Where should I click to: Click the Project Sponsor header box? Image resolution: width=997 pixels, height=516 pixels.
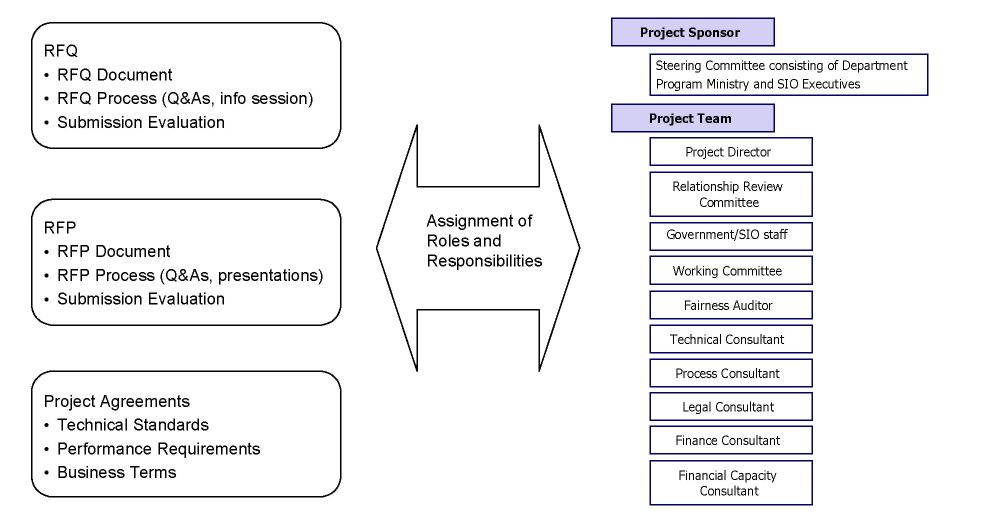(x=692, y=32)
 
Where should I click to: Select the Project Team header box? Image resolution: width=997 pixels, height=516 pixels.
(x=692, y=118)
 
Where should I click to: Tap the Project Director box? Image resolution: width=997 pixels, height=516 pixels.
(x=730, y=152)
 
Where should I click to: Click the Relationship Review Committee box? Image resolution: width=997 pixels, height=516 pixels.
(x=730, y=194)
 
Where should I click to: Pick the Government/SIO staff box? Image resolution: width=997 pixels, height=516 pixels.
(x=730, y=236)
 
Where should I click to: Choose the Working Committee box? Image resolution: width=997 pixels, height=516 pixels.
(x=730, y=271)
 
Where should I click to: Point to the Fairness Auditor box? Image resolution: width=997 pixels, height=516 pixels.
(x=730, y=305)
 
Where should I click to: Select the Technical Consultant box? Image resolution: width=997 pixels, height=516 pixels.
(x=730, y=339)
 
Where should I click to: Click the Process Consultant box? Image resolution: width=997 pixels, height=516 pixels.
(x=730, y=373)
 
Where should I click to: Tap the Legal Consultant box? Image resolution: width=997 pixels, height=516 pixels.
(x=730, y=407)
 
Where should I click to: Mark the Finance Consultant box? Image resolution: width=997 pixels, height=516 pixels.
(x=730, y=440)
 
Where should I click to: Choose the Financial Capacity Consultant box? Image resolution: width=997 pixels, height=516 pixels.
(x=730, y=483)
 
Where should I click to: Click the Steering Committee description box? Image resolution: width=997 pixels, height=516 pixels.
(x=788, y=75)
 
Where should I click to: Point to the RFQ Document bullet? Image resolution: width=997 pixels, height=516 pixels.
(x=114, y=75)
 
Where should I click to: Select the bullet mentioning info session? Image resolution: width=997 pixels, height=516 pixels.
(x=185, y=98)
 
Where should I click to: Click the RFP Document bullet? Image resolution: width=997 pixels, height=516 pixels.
(x=113, y=251)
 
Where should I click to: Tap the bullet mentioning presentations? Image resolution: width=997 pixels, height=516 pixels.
(x=190, y=275)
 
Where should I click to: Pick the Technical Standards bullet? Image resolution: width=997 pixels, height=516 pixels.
(x=133, y=425)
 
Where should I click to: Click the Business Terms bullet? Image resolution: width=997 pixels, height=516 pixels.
(x=116, y=472)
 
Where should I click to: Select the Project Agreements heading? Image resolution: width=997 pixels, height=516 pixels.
(x=116, y=401)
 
